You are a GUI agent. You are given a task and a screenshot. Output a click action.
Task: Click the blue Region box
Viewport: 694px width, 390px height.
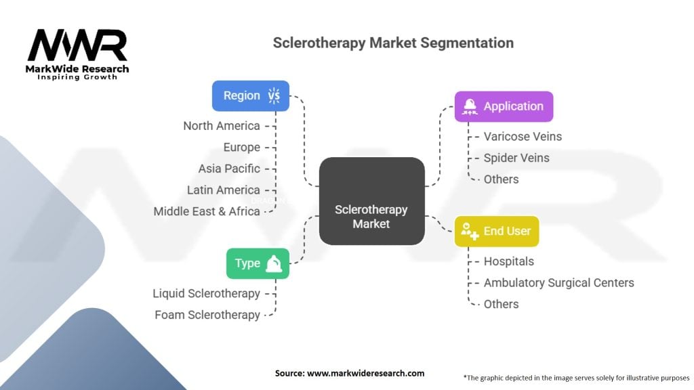coord(251,96)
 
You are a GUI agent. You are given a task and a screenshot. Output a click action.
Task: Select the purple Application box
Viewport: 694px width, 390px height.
coord(504,106)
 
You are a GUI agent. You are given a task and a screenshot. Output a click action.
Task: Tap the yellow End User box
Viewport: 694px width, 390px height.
coord(497,232)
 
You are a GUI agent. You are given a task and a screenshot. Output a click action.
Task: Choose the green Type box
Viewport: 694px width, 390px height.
coord(258,263)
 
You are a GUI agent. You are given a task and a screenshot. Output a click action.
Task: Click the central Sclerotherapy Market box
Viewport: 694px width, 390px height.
coord(372,201)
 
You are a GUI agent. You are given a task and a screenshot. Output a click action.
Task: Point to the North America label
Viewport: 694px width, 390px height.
coord(222,126)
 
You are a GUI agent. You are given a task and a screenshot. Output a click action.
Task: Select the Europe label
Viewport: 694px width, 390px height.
coord(242,147)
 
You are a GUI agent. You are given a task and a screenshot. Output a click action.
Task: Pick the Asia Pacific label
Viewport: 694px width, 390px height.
coord(229,169)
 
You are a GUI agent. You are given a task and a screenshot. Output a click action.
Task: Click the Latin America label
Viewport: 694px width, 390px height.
coord(223,190)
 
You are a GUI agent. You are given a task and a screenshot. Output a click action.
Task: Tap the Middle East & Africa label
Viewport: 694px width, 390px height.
coord(207,211)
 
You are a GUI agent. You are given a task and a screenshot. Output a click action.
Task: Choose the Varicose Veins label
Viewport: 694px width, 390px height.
coord(523,137)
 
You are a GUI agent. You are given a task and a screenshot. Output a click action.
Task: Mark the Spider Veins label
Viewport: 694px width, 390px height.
coord(516,158)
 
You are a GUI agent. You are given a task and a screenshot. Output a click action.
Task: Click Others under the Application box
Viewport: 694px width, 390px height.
coord(501,179)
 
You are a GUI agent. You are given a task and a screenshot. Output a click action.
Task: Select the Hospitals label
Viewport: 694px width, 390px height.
coord(508,261)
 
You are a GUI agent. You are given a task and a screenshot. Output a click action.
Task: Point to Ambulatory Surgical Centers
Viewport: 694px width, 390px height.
coord(558,282)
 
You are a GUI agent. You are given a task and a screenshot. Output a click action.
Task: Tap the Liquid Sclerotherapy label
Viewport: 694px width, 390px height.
coord(206,294)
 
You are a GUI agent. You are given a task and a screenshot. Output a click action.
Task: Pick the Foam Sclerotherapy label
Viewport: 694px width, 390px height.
coord(207,315)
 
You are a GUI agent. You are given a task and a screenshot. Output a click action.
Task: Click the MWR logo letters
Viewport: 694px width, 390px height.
coord(77,45)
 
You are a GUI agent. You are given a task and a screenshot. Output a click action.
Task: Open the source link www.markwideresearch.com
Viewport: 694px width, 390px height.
coord(365,373)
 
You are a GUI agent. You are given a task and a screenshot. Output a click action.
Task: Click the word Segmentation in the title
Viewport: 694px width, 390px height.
coord(467,43)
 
